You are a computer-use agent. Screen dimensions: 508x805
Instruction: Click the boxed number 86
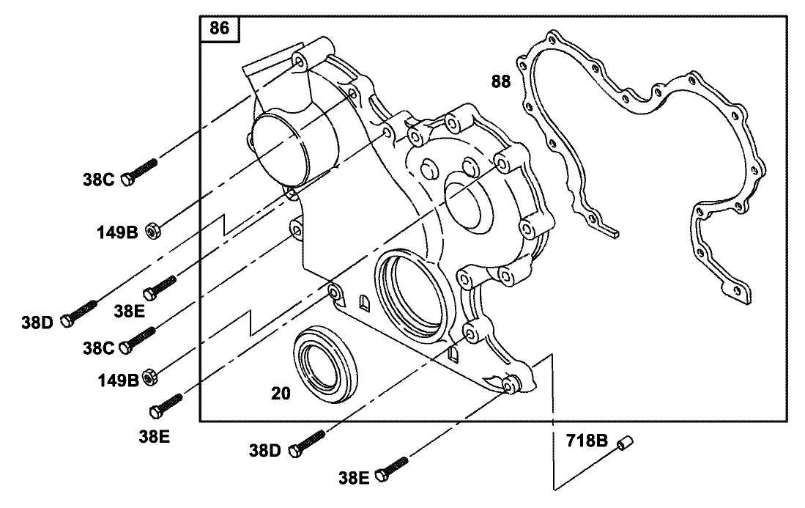point(219,29)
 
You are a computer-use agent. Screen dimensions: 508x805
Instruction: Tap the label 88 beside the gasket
point(501,81)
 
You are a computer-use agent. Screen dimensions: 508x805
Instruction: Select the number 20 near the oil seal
point(281,394)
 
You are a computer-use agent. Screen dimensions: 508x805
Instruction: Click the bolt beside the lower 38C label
point(139,339)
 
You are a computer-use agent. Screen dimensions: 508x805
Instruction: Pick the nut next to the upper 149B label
point(153,232)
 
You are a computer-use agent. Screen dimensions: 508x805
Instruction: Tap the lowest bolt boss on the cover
point(511,383)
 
